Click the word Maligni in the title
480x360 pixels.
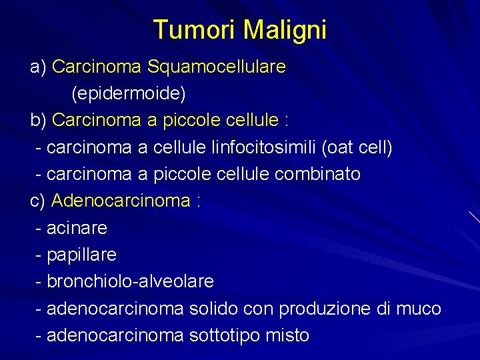coord(285,31)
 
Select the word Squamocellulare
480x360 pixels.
coord(217,67)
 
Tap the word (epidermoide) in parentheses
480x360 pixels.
coord(129,93)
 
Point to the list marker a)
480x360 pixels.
coord(38,67)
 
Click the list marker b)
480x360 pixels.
coord(38,121)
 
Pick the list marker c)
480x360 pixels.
coord(38,201)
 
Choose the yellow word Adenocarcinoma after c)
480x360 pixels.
coord(121,201)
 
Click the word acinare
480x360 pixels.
coord(77,228)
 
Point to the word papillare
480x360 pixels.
coord(81,255)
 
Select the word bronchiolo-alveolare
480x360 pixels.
coord(130,281)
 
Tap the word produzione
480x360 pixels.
coord(325,309)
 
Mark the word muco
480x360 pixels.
coord(419,309)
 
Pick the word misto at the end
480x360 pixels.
coord(288,335)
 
